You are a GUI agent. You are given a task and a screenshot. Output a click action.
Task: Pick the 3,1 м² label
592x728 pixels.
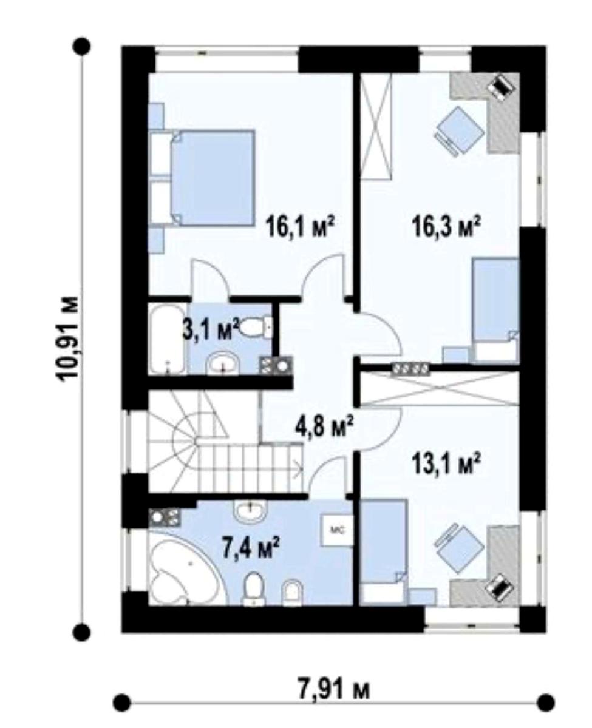click(211, 329)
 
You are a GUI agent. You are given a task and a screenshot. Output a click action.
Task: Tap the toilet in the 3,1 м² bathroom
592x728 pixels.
click(256, 327)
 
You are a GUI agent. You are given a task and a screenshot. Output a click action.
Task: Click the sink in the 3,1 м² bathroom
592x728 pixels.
click(223, 363)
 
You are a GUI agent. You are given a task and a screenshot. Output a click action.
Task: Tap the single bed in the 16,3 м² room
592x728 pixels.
click(496, 310)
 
